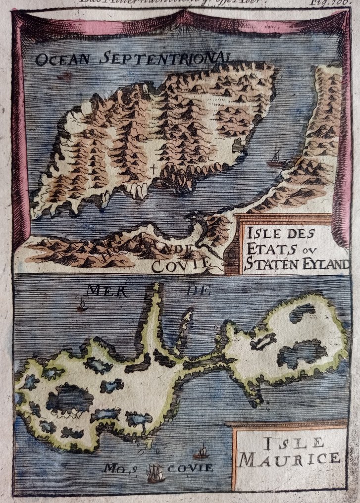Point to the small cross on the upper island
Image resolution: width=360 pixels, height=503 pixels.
[x=154, y=170]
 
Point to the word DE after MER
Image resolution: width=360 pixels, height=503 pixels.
[x=198, y=291]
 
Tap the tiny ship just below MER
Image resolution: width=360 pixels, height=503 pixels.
[x=82, y=305]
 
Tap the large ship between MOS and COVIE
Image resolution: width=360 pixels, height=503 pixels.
[x=155, y=473]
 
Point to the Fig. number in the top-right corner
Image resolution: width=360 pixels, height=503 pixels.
[x=342, y=2]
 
